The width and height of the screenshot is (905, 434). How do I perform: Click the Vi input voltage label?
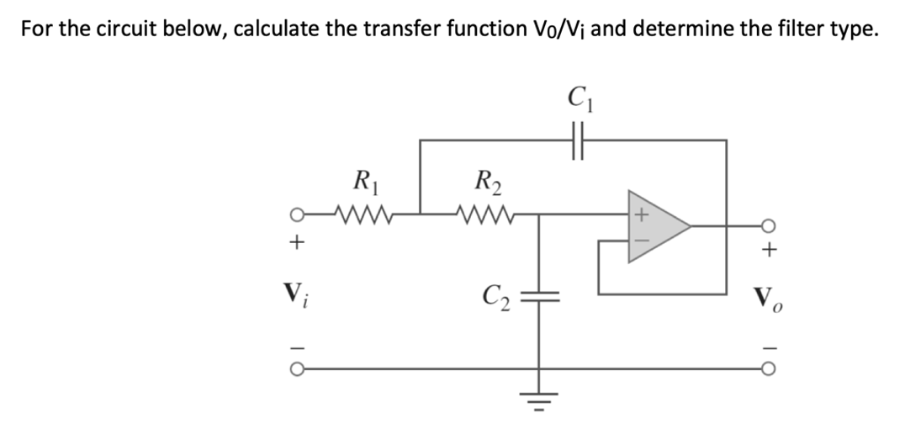tap(296, 295)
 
